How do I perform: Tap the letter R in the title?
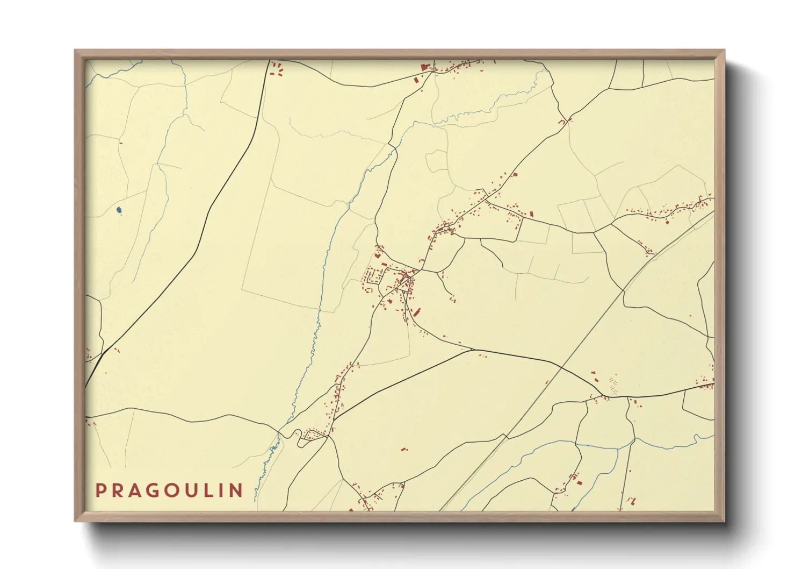119,490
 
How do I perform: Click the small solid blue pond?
119,209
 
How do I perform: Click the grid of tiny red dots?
612,383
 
